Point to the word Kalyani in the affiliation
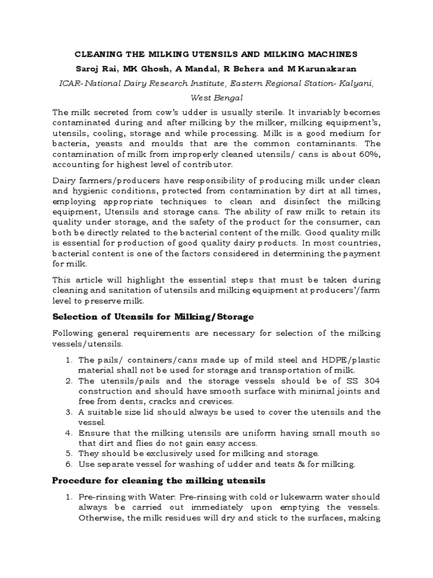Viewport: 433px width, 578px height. pyautogui.click(x=356, y=83)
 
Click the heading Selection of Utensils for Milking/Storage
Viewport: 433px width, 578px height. pyautogui.click(x=153, y=317)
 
